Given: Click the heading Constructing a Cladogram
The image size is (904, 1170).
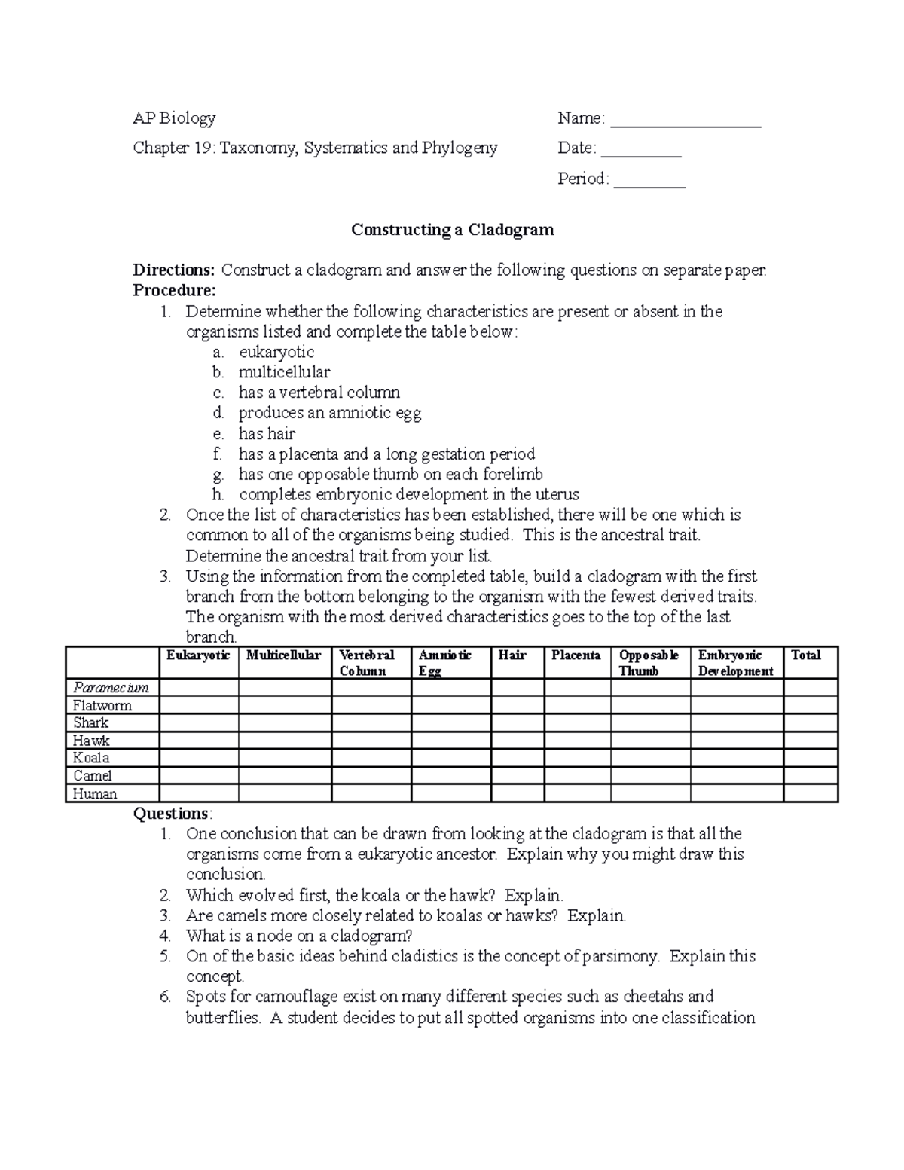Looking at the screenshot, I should coord(452,230).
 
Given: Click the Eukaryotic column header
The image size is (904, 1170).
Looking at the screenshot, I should coord(198,655).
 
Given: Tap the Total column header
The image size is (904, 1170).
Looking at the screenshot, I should coord(805,655).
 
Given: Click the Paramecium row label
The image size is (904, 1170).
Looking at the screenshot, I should coord(111,687).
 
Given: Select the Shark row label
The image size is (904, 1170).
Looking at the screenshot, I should coord(91,722).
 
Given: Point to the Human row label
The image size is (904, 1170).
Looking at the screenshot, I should coord(95,793).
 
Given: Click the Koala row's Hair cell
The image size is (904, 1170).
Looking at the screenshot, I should coord(517,758).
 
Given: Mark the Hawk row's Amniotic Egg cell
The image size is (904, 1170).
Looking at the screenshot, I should coord(450,741).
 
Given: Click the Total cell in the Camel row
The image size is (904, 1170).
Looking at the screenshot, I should coord(810,776).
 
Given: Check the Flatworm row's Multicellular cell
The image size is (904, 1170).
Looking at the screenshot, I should coord(285,705).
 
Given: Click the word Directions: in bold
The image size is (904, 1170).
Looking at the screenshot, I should coord(174,270).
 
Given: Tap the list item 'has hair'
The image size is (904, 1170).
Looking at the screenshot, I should coord(267,434).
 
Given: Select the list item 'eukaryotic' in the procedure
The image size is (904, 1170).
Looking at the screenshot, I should coord(276,352).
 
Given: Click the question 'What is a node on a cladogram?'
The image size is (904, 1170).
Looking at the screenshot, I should coord(299,936).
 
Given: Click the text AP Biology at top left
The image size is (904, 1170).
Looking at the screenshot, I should coord(174,118).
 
